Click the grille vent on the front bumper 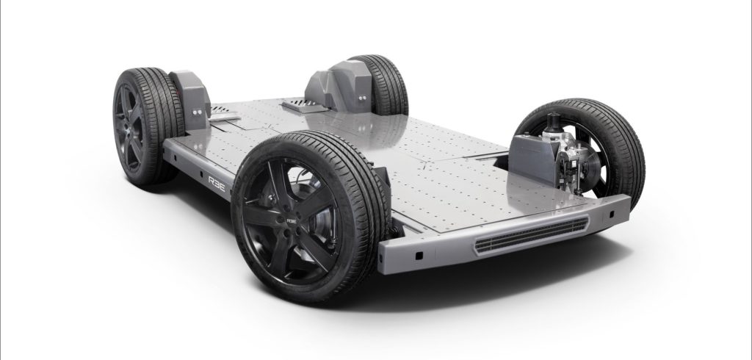(531, 236)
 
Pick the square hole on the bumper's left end (418, 254)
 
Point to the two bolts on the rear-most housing (360, 95)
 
